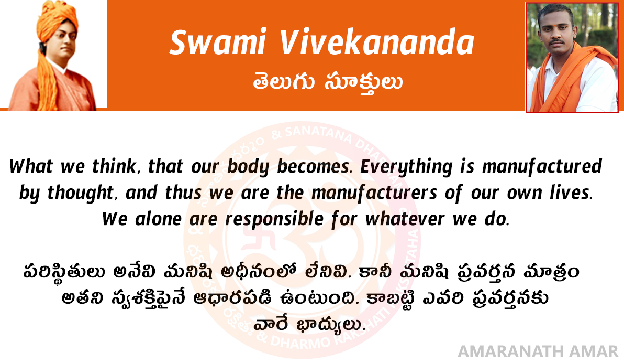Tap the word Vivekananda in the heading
click(377, 42)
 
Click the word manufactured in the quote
click(542, 166)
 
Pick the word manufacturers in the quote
click(374, 193)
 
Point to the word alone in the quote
click(159, 219)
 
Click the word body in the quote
click(248, 167)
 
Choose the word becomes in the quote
click(315, 166)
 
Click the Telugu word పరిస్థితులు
click(64, 272)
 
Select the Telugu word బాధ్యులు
click(331, 324)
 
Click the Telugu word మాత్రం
click(551, 272)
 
